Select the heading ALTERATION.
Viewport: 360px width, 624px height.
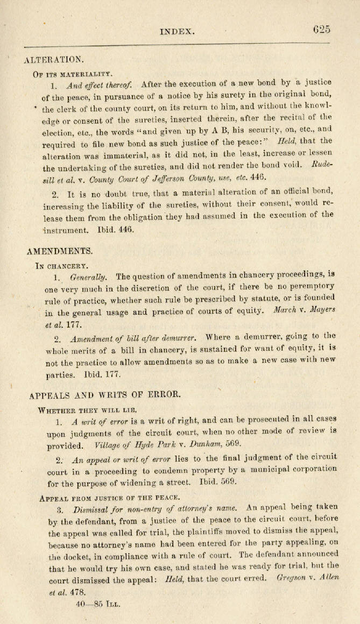54,58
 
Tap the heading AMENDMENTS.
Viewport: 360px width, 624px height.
59,250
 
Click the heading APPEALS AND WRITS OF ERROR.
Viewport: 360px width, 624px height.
104,394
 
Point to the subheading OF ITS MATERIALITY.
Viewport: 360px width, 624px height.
74,72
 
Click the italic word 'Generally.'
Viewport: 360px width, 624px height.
89,277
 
